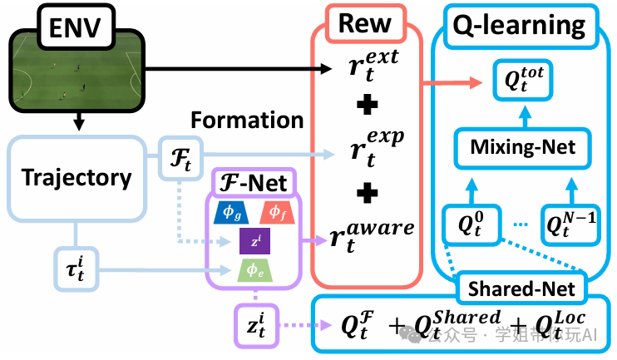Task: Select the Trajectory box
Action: point(76,177)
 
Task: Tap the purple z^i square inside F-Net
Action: point(254,242)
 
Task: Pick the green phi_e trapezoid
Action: point(254,269)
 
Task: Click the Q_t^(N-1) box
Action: point(571,222)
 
